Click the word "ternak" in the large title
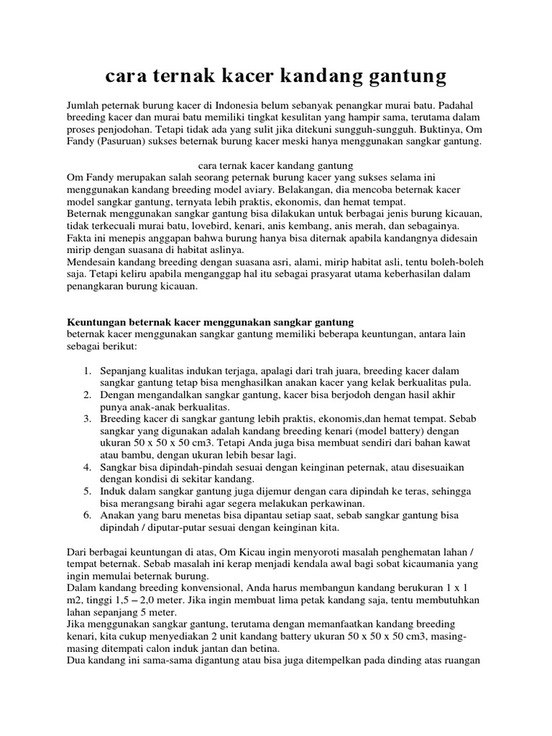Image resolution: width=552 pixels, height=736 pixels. click(x=185, y=75)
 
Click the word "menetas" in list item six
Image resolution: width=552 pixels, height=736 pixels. click(x=204, y=516)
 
